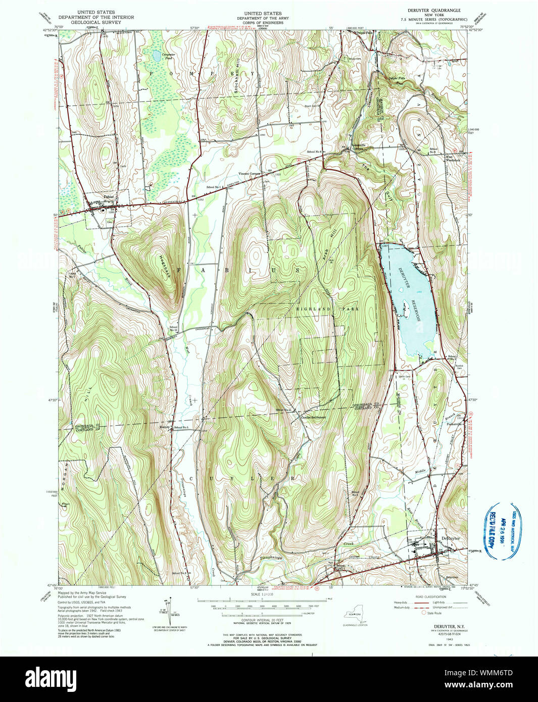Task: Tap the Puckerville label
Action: (x=454, y=424)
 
